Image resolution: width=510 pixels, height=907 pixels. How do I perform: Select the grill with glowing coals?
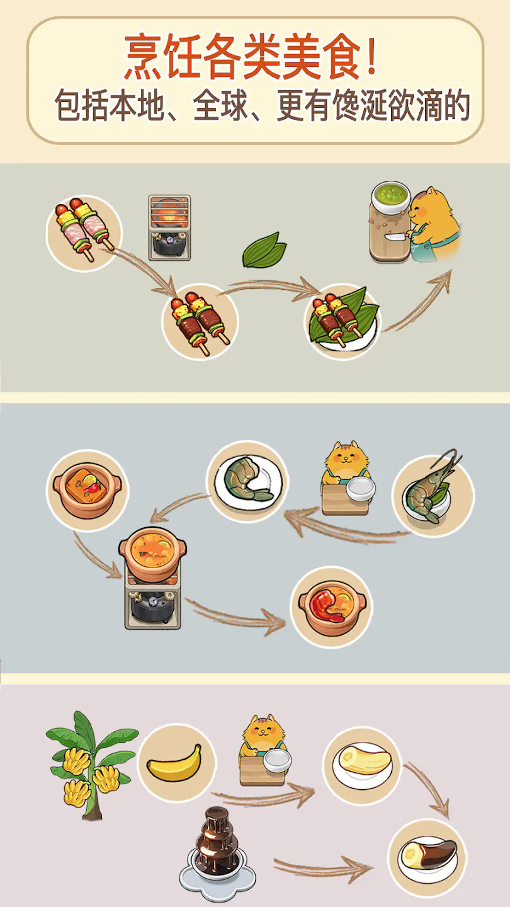[169, 227]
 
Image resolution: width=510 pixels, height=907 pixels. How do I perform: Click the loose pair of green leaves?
[264, 250]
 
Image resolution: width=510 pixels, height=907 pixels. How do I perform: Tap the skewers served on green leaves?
[343, 320]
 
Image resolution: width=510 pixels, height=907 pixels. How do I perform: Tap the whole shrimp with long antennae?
[431, 491]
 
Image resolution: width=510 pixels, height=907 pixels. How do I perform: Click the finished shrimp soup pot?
[332, 607]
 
